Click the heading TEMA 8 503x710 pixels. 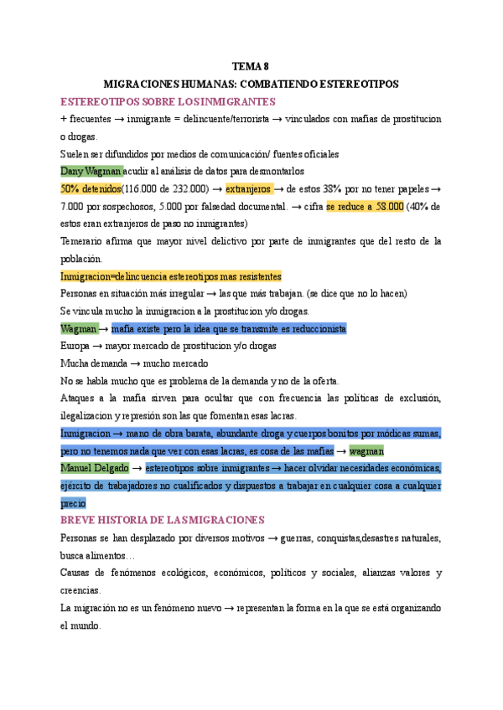(251, 66)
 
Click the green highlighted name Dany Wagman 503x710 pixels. (91, 171)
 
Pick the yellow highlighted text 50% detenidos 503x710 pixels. (91, 188)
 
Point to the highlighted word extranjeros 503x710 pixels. (249, 188)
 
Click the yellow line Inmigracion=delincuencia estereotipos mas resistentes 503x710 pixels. (171, 276)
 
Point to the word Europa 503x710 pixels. (77, 346)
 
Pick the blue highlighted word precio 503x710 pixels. (73, 503)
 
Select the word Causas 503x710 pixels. (79, 573)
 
